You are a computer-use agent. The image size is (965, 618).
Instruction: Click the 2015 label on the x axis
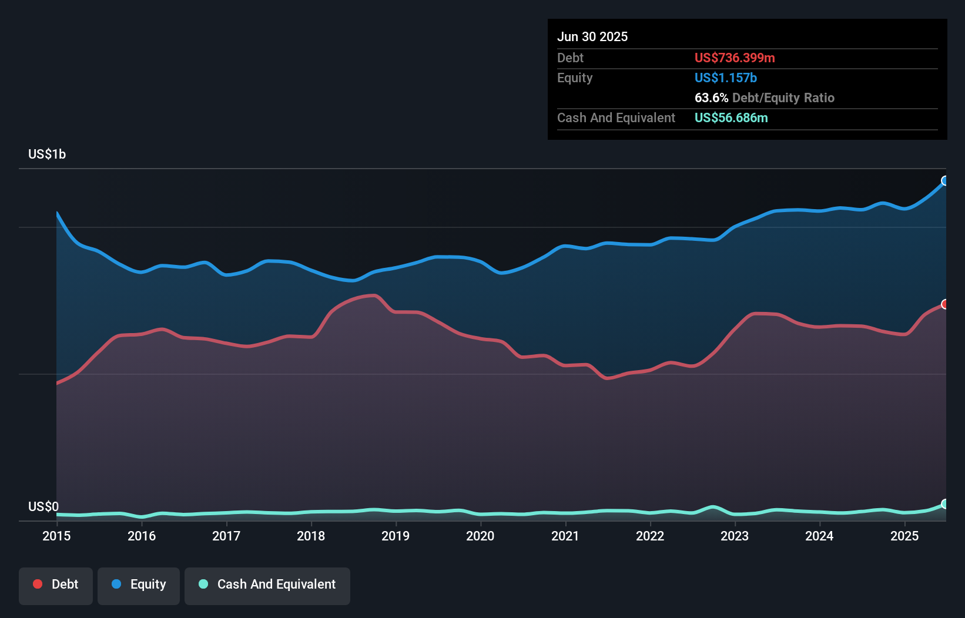pyautogui.click(x=56, y=536)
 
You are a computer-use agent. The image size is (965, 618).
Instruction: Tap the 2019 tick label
pyautogui.click(x=396, y=536)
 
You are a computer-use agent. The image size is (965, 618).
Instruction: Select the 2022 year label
pyautogui.click(x=650, y=536)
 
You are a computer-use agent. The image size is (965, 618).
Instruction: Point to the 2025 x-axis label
pyautogui.click(x=904, y=536)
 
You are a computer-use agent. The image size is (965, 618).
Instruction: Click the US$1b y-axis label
pyautogui.click(x=47, y=154)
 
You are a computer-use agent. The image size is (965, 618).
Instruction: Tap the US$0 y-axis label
pyautogui.click(x=43, y=506)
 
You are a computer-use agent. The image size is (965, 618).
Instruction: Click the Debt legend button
pyautogui.click(x=56, y=585)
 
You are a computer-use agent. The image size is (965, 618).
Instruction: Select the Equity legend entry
pyautogui.click(x=139, y=585)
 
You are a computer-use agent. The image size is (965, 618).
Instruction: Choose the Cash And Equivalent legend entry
pyautogui.click(x=267, y=585)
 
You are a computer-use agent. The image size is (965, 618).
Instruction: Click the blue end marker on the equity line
pyautogui.click(x=945, y=181)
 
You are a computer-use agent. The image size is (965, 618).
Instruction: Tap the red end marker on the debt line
pyautogui.click(x=945, y=304)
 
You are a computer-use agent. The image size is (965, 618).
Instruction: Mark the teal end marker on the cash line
pyautogui.click(x=945, y=504)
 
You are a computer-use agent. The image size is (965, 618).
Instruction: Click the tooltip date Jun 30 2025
pyautogui.click(x=592, y=36)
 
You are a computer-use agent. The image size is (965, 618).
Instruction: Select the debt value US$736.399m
pyautogui.click(x=735, y=58)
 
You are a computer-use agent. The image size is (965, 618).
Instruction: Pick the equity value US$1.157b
pyautogui.click(x=726, y=78)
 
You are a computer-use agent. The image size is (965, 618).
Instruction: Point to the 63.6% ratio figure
pyautogui.click(x=711, y=98)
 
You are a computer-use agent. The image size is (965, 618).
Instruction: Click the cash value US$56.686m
pyautogui.click(x=731, y=117)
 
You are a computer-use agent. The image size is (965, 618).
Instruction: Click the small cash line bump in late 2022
pyautogui.click(x=713, y=507)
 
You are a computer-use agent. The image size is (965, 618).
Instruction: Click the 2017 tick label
pyautogui.click(x=226, y=536)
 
